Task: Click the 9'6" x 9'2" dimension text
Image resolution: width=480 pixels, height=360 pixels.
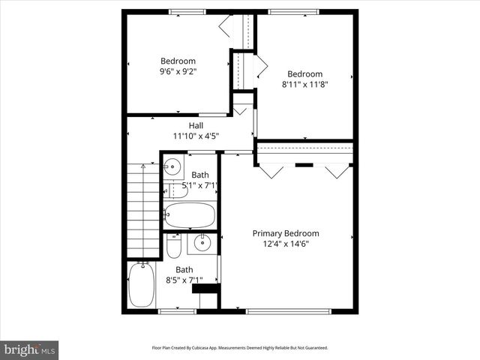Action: pyautogui.click(x=178, y=73)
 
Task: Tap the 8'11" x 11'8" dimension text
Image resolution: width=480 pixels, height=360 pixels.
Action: pyautogui.click(x=305, y=85)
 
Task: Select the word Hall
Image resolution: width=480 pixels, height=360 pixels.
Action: pyautogui.click(x=196, y=125)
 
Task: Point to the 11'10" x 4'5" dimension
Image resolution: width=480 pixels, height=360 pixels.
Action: pyautogui.click(x=196, y=136)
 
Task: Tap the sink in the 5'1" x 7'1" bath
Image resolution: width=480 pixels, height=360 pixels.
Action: pyautogui.click(x=172, y=166)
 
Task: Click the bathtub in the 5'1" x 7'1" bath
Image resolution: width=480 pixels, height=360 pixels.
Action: pyautogui.click(x=190, y=215)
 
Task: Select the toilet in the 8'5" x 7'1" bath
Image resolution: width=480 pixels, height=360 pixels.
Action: pyautogui.click(x=173, y=245)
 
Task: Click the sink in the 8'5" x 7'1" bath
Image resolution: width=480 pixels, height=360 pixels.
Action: pyautogui.click(x=202, y=242)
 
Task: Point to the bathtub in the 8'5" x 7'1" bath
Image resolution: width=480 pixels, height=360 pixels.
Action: pyautogui.click(x=140, y=284)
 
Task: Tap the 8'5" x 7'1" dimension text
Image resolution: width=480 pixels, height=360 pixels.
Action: pyautogui.click(x=184, y=280)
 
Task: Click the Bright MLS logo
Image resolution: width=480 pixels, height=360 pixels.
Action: pyautogui.click(x=30, y=349)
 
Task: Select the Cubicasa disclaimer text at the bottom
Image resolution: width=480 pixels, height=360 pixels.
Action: pyautogui.click(x=240, y=348)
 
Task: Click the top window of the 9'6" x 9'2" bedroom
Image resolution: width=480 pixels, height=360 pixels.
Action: pyautogui.click(x=187, y=12)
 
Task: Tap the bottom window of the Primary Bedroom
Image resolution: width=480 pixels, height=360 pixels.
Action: pyautogui.click(x=286, y=310)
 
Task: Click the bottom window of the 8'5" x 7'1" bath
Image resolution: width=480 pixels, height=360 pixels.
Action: pyautogui.click(x=178, y=310)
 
